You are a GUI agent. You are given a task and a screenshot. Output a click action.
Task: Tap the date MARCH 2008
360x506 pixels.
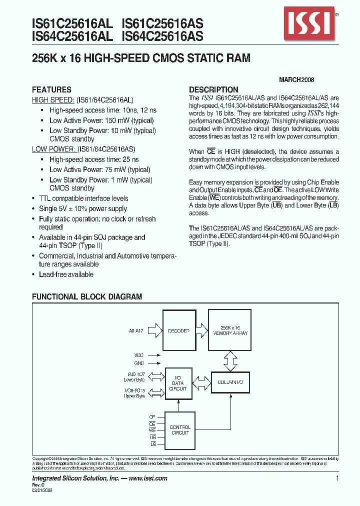296,79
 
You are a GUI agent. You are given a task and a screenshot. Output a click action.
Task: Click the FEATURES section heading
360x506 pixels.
51,89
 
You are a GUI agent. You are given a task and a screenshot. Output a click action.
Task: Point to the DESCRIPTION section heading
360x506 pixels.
213,89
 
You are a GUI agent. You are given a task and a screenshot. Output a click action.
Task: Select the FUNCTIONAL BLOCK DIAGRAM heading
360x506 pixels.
87,296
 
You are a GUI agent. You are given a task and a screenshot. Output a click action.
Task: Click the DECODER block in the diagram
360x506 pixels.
178,330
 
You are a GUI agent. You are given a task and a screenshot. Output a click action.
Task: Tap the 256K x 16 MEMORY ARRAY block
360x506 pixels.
230,330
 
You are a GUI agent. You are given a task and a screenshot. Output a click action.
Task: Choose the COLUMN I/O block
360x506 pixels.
230,382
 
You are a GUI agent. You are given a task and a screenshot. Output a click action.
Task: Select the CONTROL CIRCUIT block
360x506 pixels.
180,430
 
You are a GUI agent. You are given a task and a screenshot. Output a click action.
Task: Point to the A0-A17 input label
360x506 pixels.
136,330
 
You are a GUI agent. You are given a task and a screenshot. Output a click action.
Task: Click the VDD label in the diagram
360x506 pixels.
139,354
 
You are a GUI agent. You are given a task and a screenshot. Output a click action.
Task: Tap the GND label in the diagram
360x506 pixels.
139,363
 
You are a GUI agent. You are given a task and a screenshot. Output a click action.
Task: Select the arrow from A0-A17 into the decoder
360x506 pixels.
155,330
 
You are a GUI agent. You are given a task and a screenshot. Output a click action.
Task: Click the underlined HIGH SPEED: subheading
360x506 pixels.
53,100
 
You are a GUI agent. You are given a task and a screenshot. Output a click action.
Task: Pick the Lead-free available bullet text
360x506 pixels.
66,274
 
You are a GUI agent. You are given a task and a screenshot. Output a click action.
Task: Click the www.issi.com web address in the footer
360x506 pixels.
148,478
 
